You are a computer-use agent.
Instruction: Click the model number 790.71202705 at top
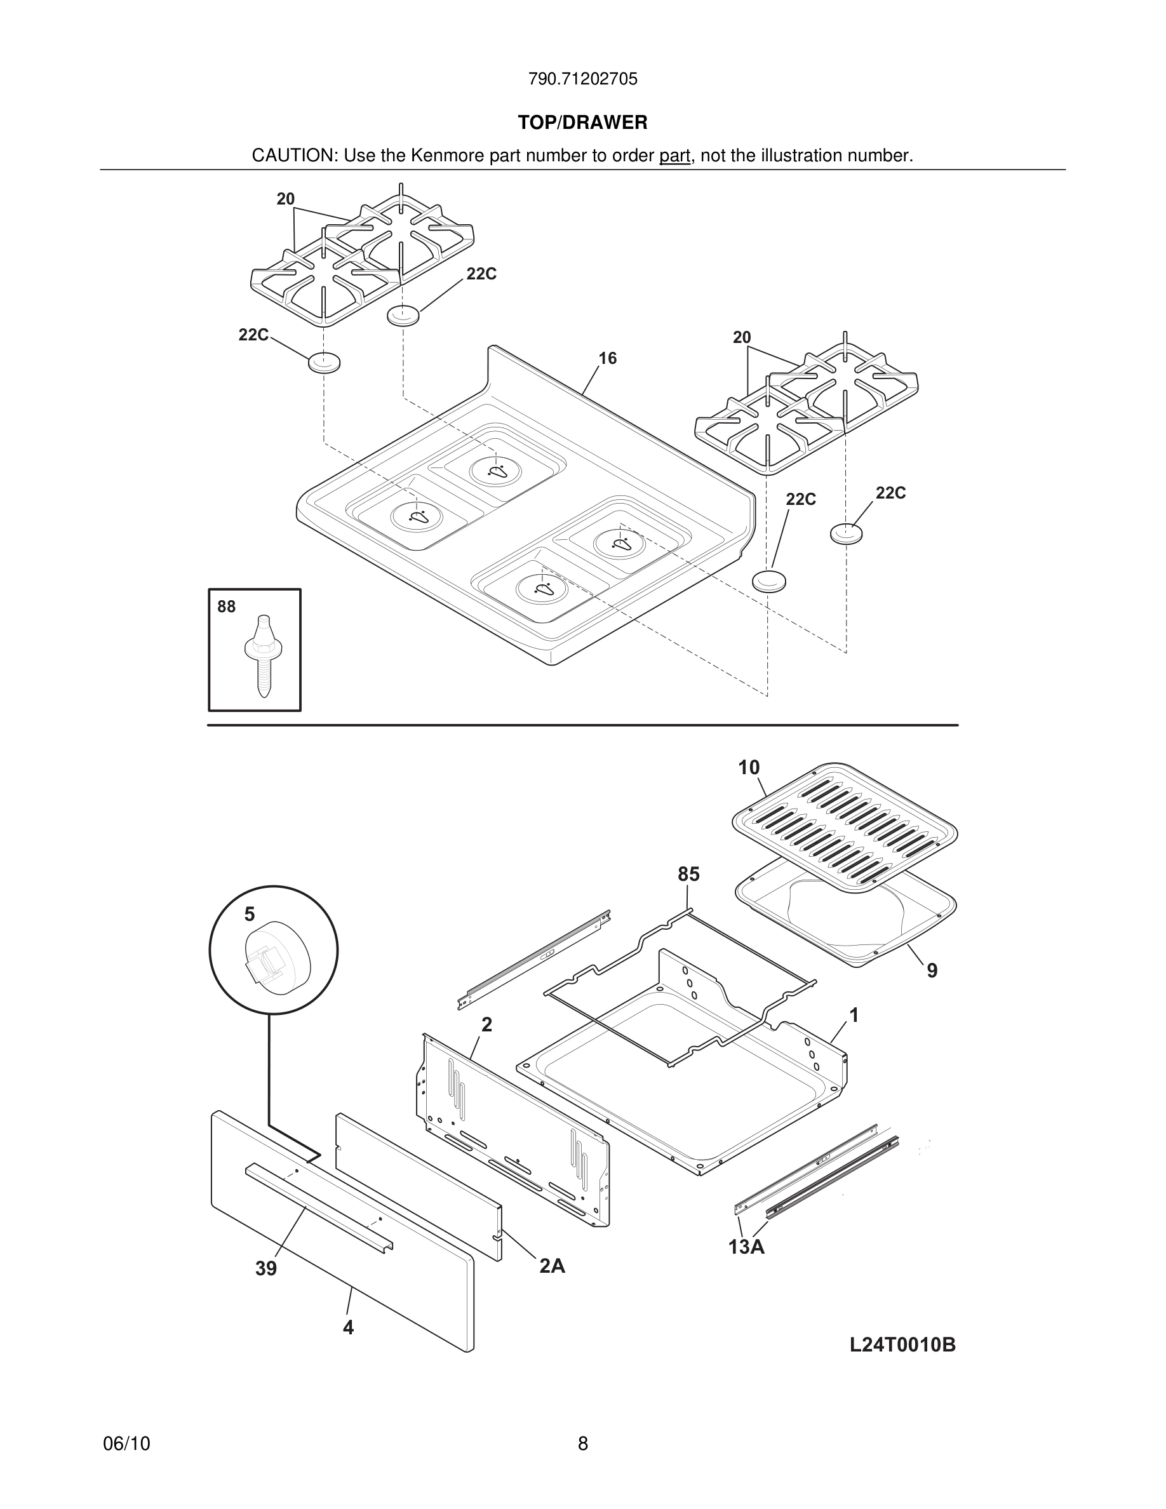pos(582,79)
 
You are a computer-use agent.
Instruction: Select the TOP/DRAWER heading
pos(582,123)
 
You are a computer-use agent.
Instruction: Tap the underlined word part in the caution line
pos(674,156)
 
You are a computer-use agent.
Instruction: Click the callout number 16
pos(607,358)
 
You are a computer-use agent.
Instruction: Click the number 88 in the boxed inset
pos(227,607)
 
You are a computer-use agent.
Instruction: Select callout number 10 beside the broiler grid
pos(748,768)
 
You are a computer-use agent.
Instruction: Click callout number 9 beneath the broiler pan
pos(932,971)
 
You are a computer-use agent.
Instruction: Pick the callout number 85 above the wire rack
pos(688,875)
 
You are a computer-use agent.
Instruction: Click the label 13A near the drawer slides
pos(746,1247)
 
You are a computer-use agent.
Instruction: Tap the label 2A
pos(552,1266)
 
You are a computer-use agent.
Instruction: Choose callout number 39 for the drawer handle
pos(266,1268)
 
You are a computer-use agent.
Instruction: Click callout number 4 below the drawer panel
pos(348,1327)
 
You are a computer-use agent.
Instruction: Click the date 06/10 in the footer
pos(126,1444)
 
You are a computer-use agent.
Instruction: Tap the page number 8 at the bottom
pos(582,1444)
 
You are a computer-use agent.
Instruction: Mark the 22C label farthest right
pos(890,493)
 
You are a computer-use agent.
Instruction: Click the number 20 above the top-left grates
pos(285,199)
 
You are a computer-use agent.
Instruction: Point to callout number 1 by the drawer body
pos(854,1015)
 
